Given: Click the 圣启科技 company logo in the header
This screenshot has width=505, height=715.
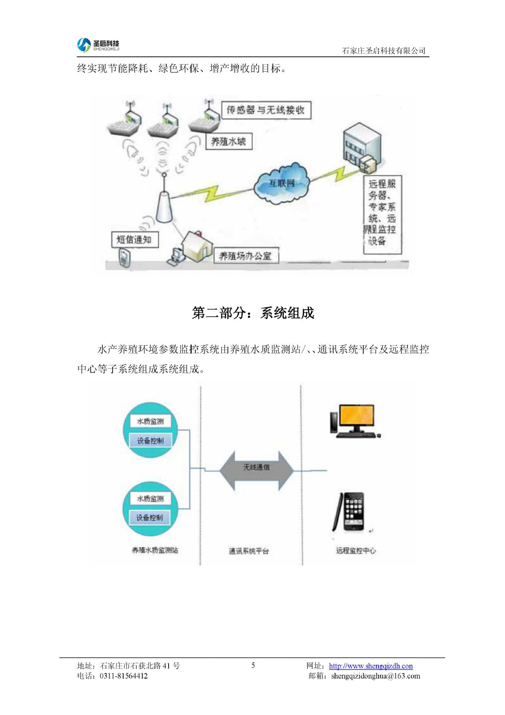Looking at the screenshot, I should (98, 45).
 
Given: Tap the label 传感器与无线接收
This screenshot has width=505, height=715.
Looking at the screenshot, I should (266, 110).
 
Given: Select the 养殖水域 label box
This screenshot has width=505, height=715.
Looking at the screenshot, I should (228, 142).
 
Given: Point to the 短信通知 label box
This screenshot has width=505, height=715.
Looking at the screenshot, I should (135, 239).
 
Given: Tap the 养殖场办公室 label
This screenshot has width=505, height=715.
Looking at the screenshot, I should (246, 256).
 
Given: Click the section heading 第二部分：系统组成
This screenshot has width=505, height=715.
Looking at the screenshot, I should (253, 313).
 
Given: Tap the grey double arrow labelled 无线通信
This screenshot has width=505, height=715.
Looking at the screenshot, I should (256, 471).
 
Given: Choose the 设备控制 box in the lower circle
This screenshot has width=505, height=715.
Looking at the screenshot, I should (150, 518).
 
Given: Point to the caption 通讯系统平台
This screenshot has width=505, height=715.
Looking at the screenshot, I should (249, 551).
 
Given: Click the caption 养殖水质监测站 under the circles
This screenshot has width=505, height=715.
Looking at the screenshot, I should (155, 550).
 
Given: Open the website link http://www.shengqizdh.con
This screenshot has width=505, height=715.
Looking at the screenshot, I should (371, 666).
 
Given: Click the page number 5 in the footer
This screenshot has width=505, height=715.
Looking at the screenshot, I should (253, 665).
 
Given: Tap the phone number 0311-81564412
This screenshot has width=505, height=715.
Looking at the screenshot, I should (124, 676).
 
